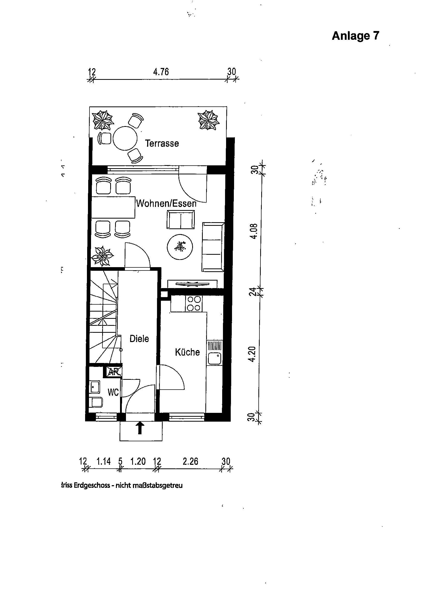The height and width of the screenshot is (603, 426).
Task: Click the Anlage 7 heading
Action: click(355, 36)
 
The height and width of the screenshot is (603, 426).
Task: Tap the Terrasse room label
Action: click(162, 143)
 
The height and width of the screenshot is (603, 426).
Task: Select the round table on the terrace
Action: click(125, 138)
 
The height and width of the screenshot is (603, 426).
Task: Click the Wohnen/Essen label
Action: click(166, 203)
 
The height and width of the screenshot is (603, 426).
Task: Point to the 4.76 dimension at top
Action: click(161, 72)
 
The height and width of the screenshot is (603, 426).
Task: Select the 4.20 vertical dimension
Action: click(252, 354)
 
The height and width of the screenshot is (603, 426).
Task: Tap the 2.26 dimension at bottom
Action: click(190, 461)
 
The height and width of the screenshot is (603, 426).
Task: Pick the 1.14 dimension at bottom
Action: click(104, 461)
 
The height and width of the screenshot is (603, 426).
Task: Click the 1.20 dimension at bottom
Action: click(138, 461)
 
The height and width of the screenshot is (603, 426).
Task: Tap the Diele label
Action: click(139, 338)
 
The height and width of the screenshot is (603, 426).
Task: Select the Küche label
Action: click(187, 352)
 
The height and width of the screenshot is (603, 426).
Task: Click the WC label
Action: click(113, 392)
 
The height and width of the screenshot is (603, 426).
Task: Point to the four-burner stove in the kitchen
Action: click(194, 304)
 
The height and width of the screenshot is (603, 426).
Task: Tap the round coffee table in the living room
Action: click(180, 247)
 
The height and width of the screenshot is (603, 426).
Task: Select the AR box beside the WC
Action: click(114, 372)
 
